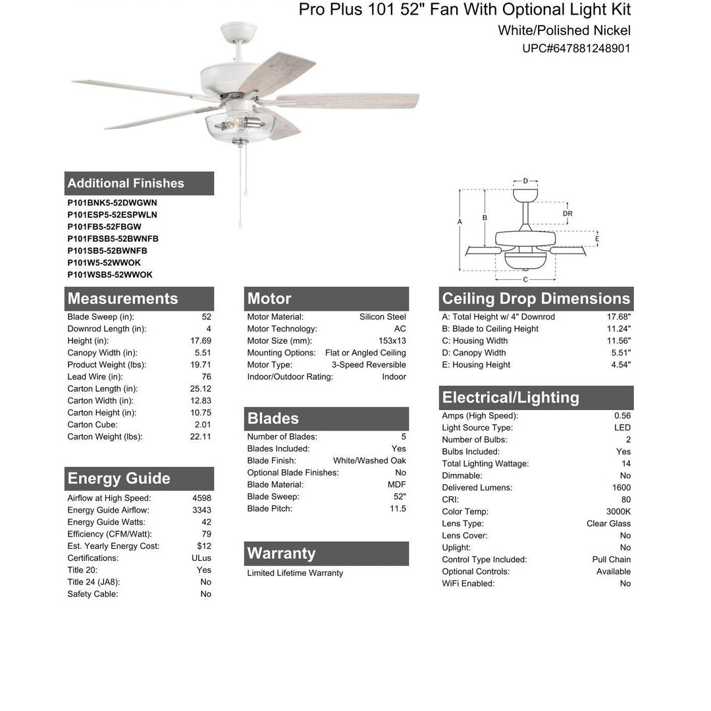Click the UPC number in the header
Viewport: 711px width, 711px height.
point(576,48)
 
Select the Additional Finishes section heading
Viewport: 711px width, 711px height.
point(126,183)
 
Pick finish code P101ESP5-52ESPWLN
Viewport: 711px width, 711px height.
point(112,215)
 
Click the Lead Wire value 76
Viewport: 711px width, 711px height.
point(206,377)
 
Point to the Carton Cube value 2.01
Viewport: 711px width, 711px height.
point(203,425)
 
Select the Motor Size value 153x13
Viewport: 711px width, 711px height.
point(392,341)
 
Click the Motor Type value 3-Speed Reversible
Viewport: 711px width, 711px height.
point(369,365)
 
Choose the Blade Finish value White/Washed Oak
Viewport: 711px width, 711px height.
point(369,461)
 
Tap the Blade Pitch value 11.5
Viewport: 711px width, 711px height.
point(398,508)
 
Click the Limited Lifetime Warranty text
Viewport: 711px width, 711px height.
point(295,573)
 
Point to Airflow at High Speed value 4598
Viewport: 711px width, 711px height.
point(201,498)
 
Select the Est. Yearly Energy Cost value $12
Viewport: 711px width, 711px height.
point(204,546)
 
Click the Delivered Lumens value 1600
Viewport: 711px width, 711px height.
point(621,488)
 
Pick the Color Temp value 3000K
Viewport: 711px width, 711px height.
point(619,512)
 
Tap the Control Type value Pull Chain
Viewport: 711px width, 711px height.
point(611,560)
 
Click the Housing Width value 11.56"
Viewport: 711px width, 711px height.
point(619,341)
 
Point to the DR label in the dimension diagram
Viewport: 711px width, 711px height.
point(567,213)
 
